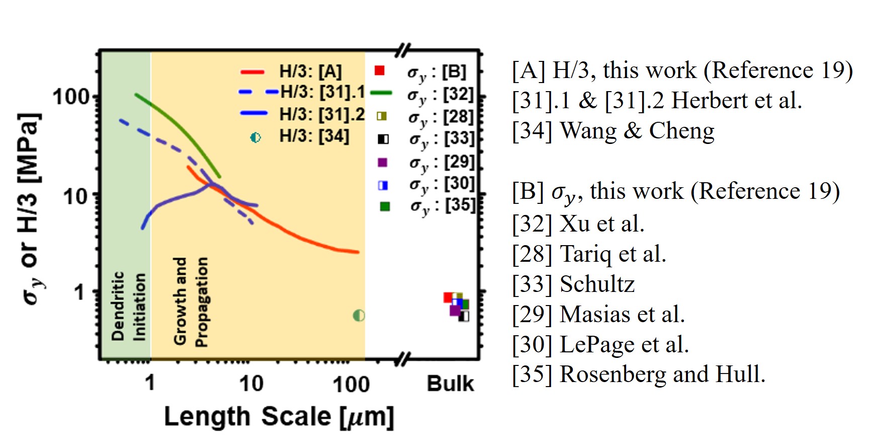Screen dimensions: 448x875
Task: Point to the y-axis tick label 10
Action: [x=76, y=196]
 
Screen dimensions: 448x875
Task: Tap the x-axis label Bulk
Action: [x=450, y=384]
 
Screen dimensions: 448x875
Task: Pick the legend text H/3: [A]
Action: [x=310, y=71]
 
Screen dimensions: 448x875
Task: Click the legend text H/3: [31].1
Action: [x=322, y=92]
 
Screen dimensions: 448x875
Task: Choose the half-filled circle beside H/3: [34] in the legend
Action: [x=255, y=137]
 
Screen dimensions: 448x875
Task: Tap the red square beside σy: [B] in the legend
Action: [x=380, y=70]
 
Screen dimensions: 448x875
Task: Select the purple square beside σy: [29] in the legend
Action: [x=382, y=162]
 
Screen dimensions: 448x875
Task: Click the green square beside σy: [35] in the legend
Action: [x=385, y=206]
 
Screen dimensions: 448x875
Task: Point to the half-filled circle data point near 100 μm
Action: [x=359, y=316]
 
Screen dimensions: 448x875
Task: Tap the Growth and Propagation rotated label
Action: [x=191, y=302]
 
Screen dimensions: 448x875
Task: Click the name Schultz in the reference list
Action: [x=597, y=284]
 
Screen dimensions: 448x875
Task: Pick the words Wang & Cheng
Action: [x=637, y=131]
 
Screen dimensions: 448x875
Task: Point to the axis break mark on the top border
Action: [x=403, y=50]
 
